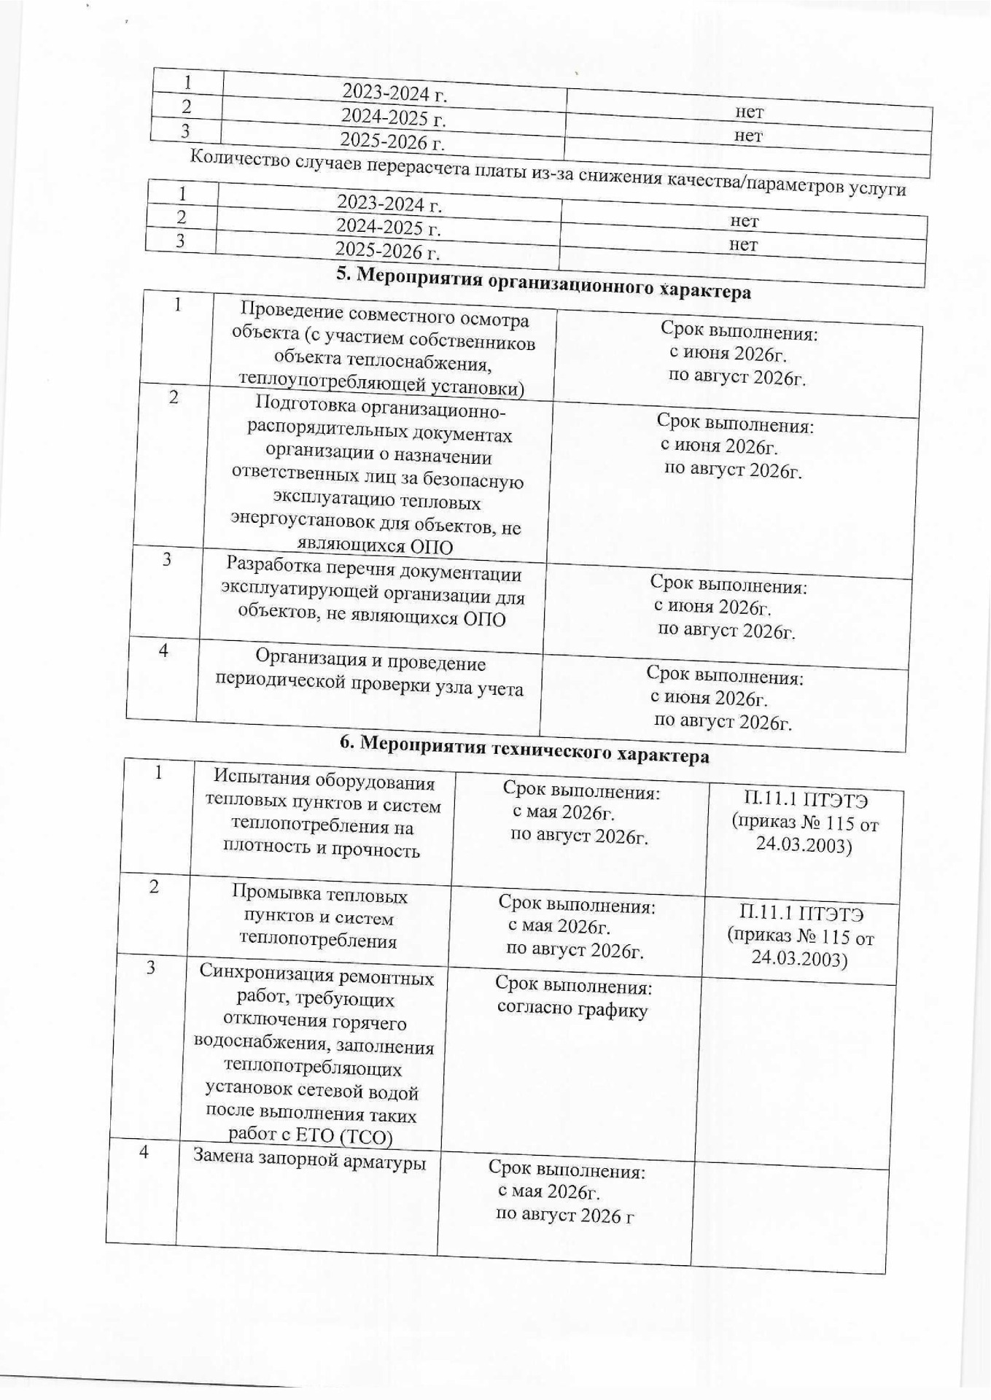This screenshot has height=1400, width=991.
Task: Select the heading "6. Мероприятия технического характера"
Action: (x=524, y=750)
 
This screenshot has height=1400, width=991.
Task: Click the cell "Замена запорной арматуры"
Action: (x=309, y=1159)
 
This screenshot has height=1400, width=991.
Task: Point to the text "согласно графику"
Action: (x=572, y=1010)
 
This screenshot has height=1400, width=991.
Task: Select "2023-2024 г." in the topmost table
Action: (x=395, y=93)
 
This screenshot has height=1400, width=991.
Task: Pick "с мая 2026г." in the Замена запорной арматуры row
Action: (x=548, y=1191)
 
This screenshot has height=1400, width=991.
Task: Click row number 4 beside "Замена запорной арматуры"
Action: (x=144, y=1152)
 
